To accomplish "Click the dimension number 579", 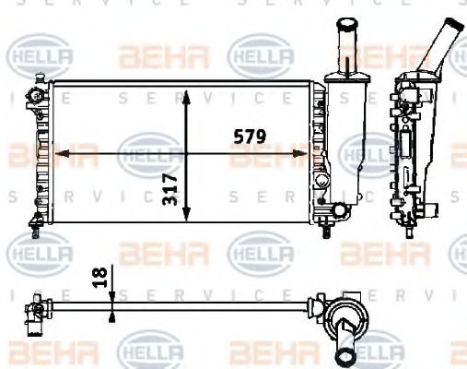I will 248,137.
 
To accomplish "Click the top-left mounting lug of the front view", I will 36,94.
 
